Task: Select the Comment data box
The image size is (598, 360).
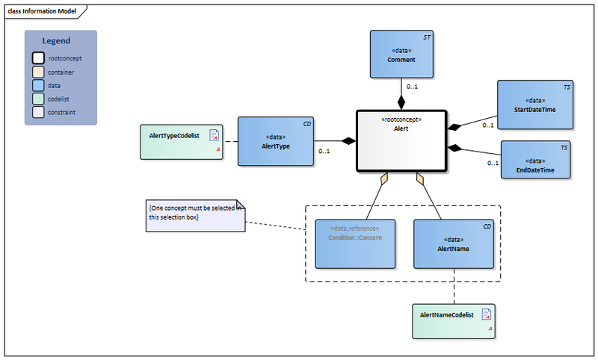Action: point(401,54)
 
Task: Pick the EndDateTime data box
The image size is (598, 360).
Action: point(535,160)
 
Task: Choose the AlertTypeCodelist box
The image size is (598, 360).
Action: point(181,143)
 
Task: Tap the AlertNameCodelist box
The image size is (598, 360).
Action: point(454,320)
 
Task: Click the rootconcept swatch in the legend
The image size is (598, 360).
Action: point(37,58)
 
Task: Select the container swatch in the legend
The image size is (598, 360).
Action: point(37,72)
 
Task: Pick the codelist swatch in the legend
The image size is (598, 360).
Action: point(37,99)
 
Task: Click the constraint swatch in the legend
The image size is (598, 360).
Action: point(37,112)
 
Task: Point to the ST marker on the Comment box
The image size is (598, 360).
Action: point(427,37)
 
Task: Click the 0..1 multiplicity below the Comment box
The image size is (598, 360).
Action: point(412,88)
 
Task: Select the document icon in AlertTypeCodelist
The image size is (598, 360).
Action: point(214,135)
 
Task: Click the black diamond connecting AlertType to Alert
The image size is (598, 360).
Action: point(348,140)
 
